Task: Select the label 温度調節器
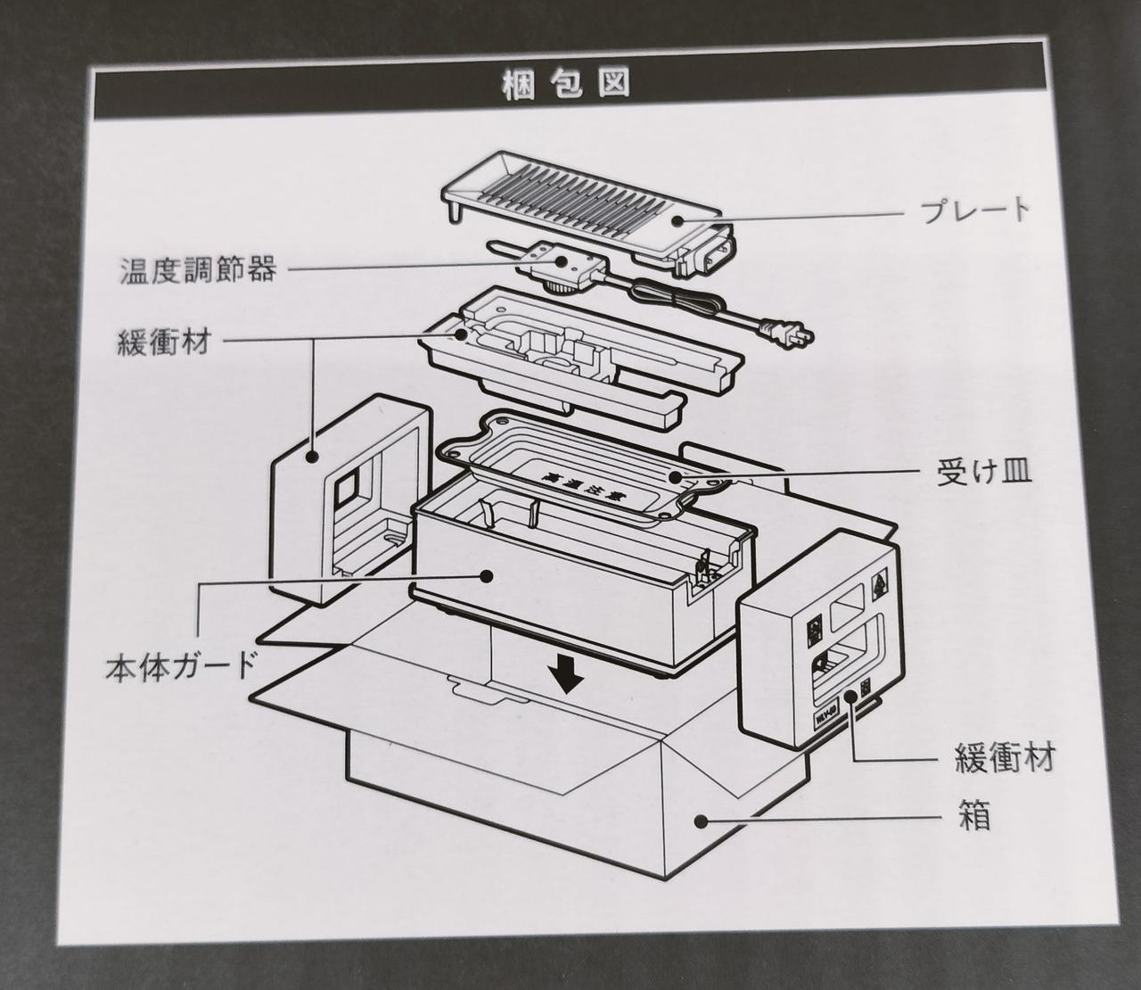pyautogui.click(x=198, y=268)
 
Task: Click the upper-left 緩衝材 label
pyautogui.click(x=164, y=342)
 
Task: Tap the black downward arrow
pyautogui.click(x=566, y=678)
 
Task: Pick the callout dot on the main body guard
pyautogui.click(x=487, y=575)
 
